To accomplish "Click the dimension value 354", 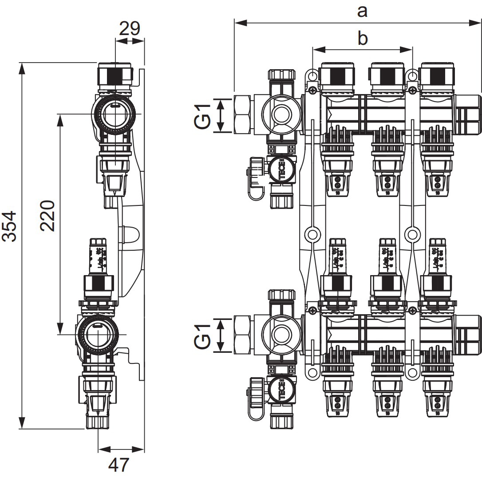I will click(x=10, y=226).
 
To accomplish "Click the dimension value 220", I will click(x=47, y=216).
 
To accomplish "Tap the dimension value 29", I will click(x=130, y=28).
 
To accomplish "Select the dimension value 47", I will click(x=119, y=465).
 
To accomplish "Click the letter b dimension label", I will click(x=363, y=39).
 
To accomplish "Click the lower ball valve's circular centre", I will click(x=281, y=335).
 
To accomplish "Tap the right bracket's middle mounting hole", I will click(x=413, y=234).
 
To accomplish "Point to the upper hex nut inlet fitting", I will click(x=243, y=115).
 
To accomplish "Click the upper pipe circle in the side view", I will click(x=115, y=114).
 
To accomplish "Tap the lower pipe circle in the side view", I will click(x=97, y=334).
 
